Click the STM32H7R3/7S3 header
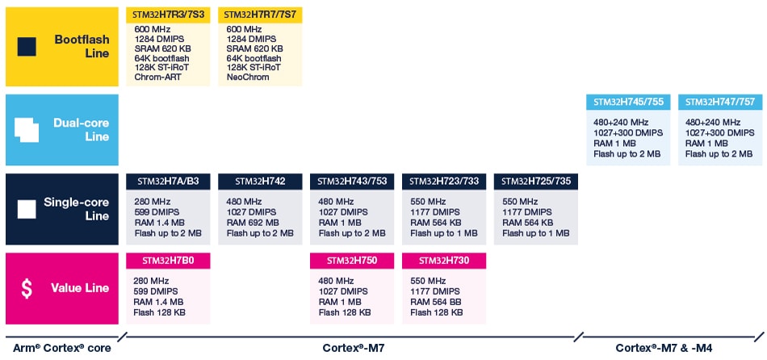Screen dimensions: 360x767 point(170,15)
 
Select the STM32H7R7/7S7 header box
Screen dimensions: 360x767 point(262,15)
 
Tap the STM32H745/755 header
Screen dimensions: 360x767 point(629,103)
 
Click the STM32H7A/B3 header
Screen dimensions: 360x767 point(170,181)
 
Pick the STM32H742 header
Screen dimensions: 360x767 point(262,181)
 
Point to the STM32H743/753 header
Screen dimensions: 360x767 point(354,181)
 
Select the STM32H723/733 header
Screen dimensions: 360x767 point(445,181)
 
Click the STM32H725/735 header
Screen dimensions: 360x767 point(537,181)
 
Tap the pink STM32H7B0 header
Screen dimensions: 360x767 point(170,260)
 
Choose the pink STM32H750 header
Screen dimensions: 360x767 point(354,260)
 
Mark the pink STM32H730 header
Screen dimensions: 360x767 point(445,260)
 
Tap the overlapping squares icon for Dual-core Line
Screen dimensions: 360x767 point(27,130)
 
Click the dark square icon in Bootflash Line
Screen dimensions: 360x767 point(27,47)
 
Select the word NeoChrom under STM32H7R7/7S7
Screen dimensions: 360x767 point(246,78)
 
